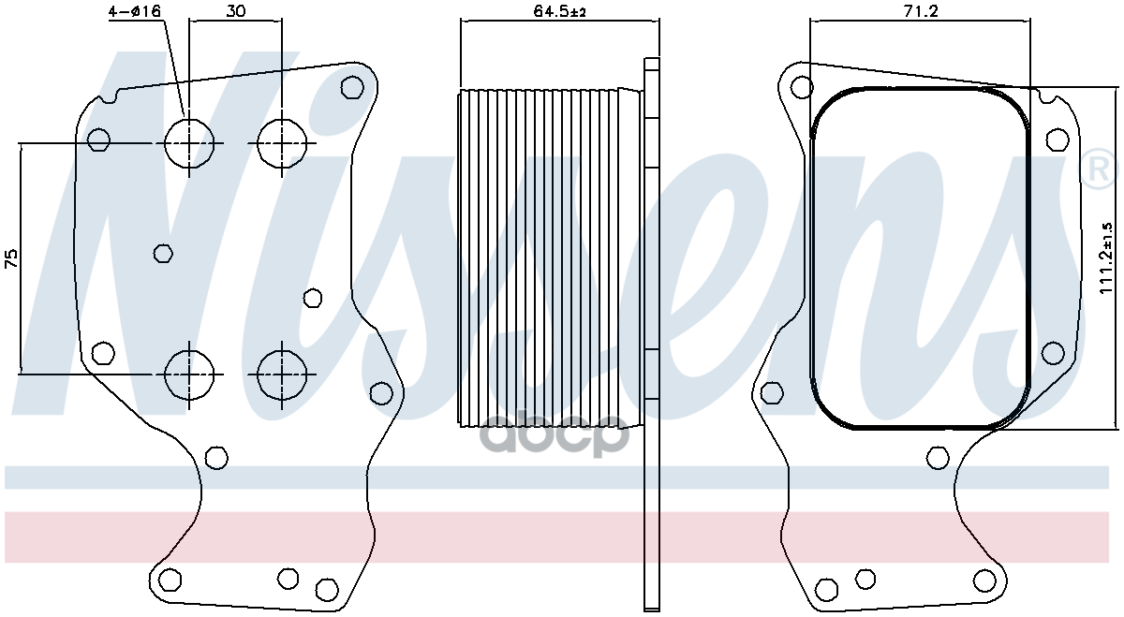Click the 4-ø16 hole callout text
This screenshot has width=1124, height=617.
pyautogui.click(x=135, y=11)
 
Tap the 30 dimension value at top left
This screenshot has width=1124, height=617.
pyautogui.click(x=235, y=11)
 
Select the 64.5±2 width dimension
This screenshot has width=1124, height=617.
pyautogui.click(x=559, y=11)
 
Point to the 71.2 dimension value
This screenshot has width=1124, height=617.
pyautogui.click(x=921, y=11)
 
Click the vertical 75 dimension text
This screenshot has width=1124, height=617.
pyautogui.click(x=11, y=257)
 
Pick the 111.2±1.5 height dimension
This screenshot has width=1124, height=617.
pyautogui.click(x=1106, y=258)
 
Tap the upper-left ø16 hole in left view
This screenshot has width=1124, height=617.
pyautogui.click(x=189, y=143)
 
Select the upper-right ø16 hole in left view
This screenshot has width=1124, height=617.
pyautogui.click(x=282, y=143)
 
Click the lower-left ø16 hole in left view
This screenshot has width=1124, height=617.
pyautogui.click(x=189, y=375)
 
